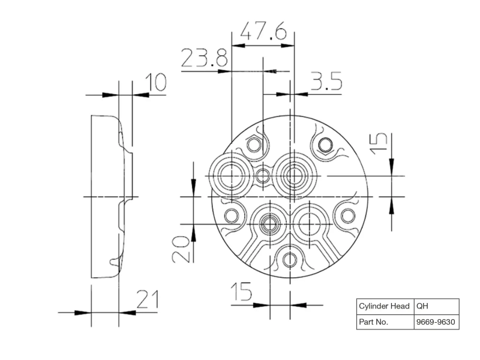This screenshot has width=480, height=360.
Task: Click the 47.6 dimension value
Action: [x=264, y=31]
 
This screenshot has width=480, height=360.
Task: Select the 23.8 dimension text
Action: [x=205, y=58]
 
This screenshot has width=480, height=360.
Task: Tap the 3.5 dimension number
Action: [x=326, y=81]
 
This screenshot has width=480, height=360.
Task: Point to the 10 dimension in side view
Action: [x=156, y=82]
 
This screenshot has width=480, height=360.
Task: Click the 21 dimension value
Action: [x=148, y=299]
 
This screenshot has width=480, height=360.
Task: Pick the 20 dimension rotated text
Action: [x=181, y=249]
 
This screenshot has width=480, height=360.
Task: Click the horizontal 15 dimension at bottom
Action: [x=241, y=291]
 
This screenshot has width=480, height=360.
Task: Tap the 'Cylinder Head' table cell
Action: [x=385, y=306]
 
